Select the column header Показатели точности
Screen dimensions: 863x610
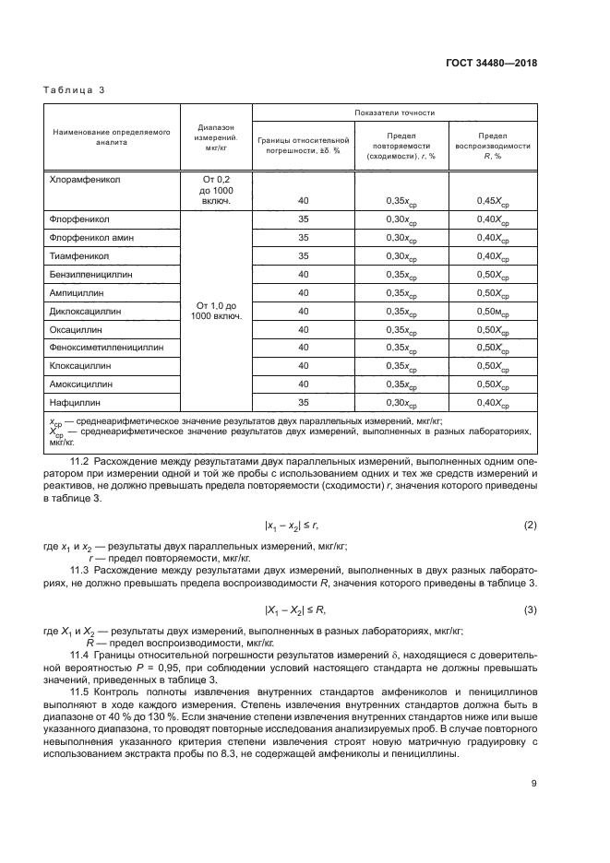pos(394,112)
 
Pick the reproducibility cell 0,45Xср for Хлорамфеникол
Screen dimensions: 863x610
pos(490,200)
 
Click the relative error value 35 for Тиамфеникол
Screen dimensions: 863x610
pos(304,255)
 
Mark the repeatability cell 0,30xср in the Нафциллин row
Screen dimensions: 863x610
pos(401,403)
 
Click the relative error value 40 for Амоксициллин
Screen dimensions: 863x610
pos(304,384)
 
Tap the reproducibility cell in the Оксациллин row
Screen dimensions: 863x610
pos(490,329)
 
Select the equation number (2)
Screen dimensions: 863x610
pos(530,526)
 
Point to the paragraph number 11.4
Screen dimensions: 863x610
pos(84,655)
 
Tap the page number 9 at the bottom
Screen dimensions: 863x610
pos(533,785)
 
